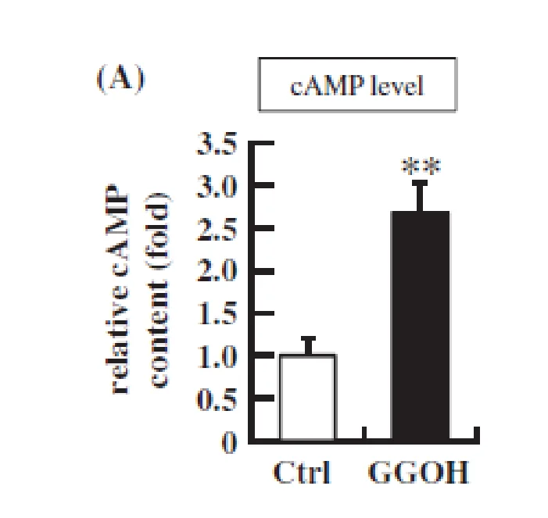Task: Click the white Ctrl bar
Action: pos(308,397)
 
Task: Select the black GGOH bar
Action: pos(421,325)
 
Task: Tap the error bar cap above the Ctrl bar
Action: pos(308,338)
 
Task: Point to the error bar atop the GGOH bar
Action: pos(420,195)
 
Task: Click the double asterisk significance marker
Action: pos(421,166)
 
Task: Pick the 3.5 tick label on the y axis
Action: pos(217,144)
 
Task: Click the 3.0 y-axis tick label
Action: pos(217,186)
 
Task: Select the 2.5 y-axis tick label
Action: pos(217,229)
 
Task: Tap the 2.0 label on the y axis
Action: pos(217,270)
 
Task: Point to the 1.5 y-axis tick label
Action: pos(217,313)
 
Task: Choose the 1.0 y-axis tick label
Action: pos(217,356)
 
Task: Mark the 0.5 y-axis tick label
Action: pos(217,399)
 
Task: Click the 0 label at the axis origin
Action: pos(229,442)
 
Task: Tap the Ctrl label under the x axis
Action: pos(302,472)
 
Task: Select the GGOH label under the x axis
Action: pos(418,473)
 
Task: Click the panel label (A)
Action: pos(120,79)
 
